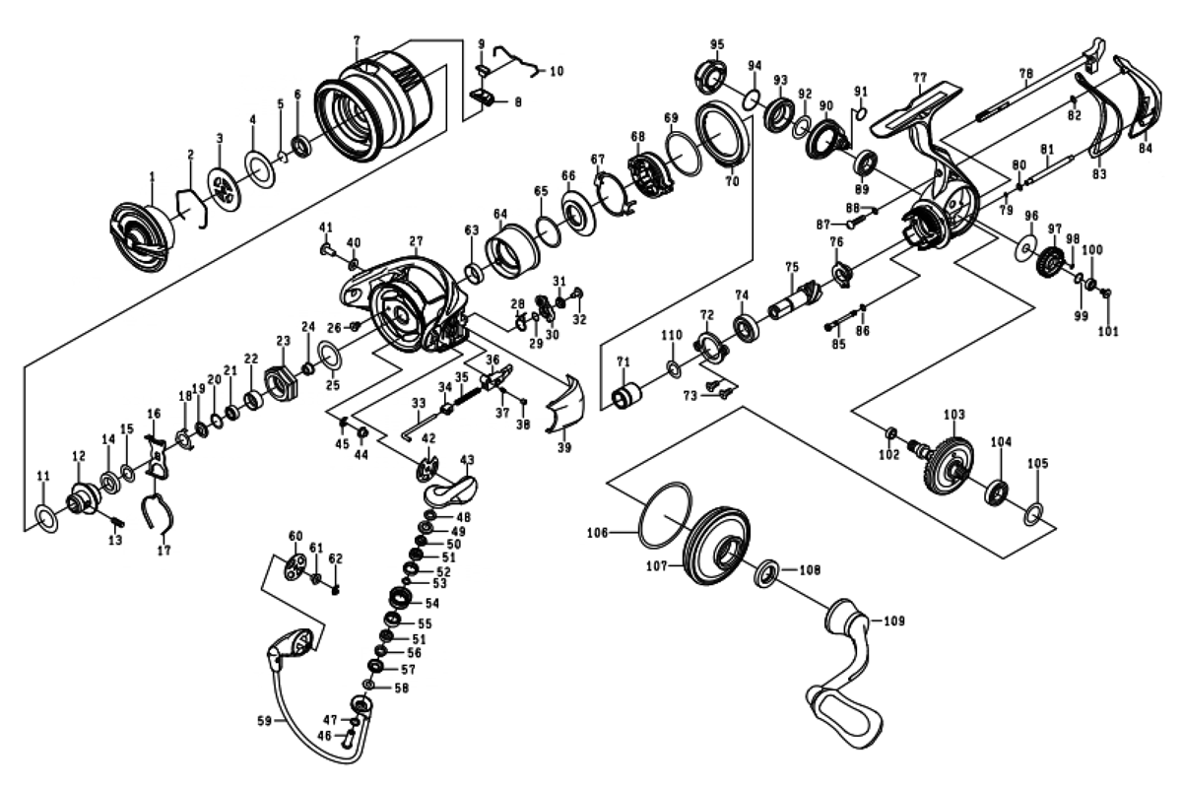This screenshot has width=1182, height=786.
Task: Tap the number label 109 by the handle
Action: tap(893, 622)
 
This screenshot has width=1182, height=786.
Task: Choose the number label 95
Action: tap(716, 43)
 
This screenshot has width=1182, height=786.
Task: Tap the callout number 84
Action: tap(1145, 149)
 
